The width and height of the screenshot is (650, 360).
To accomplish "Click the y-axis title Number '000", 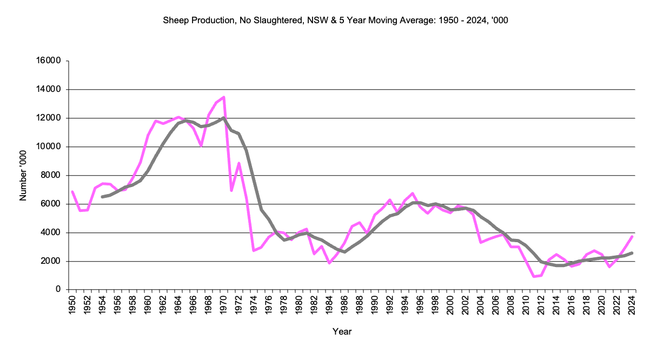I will click(x=23, y=176).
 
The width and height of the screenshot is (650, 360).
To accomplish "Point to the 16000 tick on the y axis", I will click(x=50, y=61).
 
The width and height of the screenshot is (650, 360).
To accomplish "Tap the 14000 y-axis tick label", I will click(x=50, y=90).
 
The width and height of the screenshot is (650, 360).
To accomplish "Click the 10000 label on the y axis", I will click(x=50, y=147).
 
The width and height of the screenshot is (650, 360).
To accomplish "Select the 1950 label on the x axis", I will click(x=72, y=305).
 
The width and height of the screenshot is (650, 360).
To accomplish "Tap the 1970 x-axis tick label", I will click(x=223, y=305).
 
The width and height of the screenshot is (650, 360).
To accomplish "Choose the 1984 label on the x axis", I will click(x=329, y=305).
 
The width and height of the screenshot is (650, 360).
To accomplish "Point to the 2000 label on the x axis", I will click(x=450, y=305).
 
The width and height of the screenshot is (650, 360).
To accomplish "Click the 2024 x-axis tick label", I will click(x=632, y=305).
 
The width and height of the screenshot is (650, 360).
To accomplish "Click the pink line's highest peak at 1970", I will click(x=223, y=97).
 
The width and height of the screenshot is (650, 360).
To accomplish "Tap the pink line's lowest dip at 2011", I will click(x=534, y=277).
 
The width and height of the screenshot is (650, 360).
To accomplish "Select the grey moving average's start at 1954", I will click(x=102, y=197).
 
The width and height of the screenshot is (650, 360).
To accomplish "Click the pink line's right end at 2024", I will click(x=632, y=237).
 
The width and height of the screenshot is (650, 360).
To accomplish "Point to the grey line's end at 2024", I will click(x=632, y=253).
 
